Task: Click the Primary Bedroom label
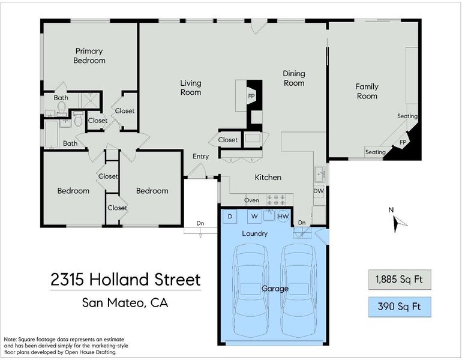[89, 56]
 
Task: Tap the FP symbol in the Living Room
[251, 96]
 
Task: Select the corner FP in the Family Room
[403, 142]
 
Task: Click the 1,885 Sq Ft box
[400, 279]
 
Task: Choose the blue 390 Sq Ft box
[400, 307]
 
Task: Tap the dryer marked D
[230, 217]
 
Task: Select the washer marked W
[254, 217]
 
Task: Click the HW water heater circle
[283, 217]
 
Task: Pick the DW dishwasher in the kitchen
[319, 191]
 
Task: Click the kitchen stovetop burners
[276, 199]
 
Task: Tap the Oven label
[251, 200]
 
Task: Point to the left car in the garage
[251, 290]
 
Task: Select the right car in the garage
[299, 290]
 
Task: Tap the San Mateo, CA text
[125, 303]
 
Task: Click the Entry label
[200, 157]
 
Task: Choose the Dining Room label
[294, 78]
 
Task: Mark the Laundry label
[255, 233]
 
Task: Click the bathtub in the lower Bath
[52, 134]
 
